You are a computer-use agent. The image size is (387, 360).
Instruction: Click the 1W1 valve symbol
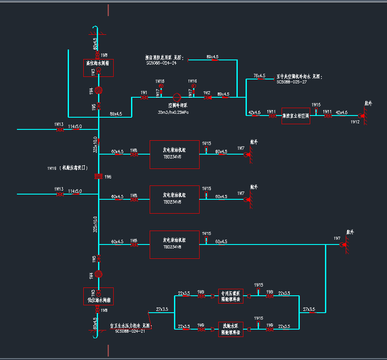point(144,98)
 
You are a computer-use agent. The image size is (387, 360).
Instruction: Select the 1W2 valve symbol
point(207,98)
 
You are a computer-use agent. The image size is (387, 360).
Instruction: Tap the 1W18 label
point(160,81)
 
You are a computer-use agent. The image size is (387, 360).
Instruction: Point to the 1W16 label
point(192,81)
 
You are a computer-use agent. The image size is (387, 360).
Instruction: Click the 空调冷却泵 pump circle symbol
point(177,98)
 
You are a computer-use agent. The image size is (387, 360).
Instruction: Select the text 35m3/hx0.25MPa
point(173,112)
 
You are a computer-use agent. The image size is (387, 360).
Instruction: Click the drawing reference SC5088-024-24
point(161,63)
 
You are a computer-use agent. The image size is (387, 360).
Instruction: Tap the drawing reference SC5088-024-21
point(130,330)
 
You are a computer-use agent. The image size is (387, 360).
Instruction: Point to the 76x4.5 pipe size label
point(259,76)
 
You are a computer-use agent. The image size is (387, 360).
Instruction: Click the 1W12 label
point(355,122)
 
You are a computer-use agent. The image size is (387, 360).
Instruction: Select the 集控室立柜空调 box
point(295,116)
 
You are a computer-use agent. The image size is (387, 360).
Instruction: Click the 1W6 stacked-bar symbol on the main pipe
point(98,176)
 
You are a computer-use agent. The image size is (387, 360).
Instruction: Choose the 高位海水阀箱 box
point(98,68)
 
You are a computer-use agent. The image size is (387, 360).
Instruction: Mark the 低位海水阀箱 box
point(98,296)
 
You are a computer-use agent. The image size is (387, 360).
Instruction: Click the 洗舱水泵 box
point(231,329)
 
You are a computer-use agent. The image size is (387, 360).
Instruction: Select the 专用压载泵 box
point(231,296)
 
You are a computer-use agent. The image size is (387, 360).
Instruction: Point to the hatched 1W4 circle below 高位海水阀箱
point(98,90)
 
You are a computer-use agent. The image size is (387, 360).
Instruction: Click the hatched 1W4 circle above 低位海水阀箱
point(98,274)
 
